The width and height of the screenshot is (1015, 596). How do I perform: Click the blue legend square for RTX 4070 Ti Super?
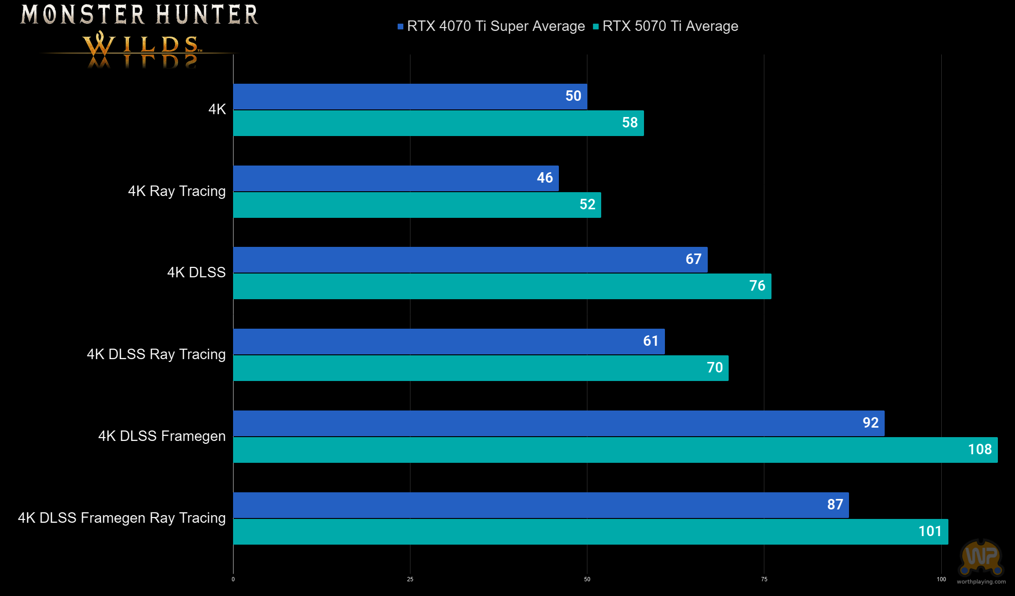click(400, 27)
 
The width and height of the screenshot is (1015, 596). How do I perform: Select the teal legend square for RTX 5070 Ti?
click(596, 27)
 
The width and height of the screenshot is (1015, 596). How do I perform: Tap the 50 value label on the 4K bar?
click(573, 96)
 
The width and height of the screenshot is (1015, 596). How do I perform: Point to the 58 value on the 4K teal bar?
click(630, 123)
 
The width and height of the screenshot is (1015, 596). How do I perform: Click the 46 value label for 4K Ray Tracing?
click(545, 178)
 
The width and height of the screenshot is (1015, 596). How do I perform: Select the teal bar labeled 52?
click(417, 205)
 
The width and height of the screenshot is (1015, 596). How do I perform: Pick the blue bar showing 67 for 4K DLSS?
click(470, 260)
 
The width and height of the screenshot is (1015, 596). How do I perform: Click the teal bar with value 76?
click(502, 286)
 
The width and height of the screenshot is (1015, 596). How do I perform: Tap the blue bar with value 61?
click(449, 342)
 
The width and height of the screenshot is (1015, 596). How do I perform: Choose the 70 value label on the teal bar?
click(714, 368)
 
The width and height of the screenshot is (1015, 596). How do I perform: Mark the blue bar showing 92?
click(558, 423)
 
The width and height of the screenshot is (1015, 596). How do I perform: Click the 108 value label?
click(980, 449)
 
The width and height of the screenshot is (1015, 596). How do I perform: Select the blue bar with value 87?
click(541, 505)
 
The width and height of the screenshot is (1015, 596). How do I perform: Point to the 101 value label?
click(930, 531)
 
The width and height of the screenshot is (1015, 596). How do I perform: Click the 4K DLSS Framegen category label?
click(162, 436)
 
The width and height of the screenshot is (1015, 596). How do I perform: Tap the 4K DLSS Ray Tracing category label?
click(156, 354)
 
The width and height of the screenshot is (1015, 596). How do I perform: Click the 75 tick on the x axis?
click(764, 579)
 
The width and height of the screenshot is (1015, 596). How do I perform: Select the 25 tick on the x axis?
click(410, 579)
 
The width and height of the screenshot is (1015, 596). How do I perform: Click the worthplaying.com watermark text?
click(981, 582)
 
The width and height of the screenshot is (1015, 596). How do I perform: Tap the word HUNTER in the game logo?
click(207, 14)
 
